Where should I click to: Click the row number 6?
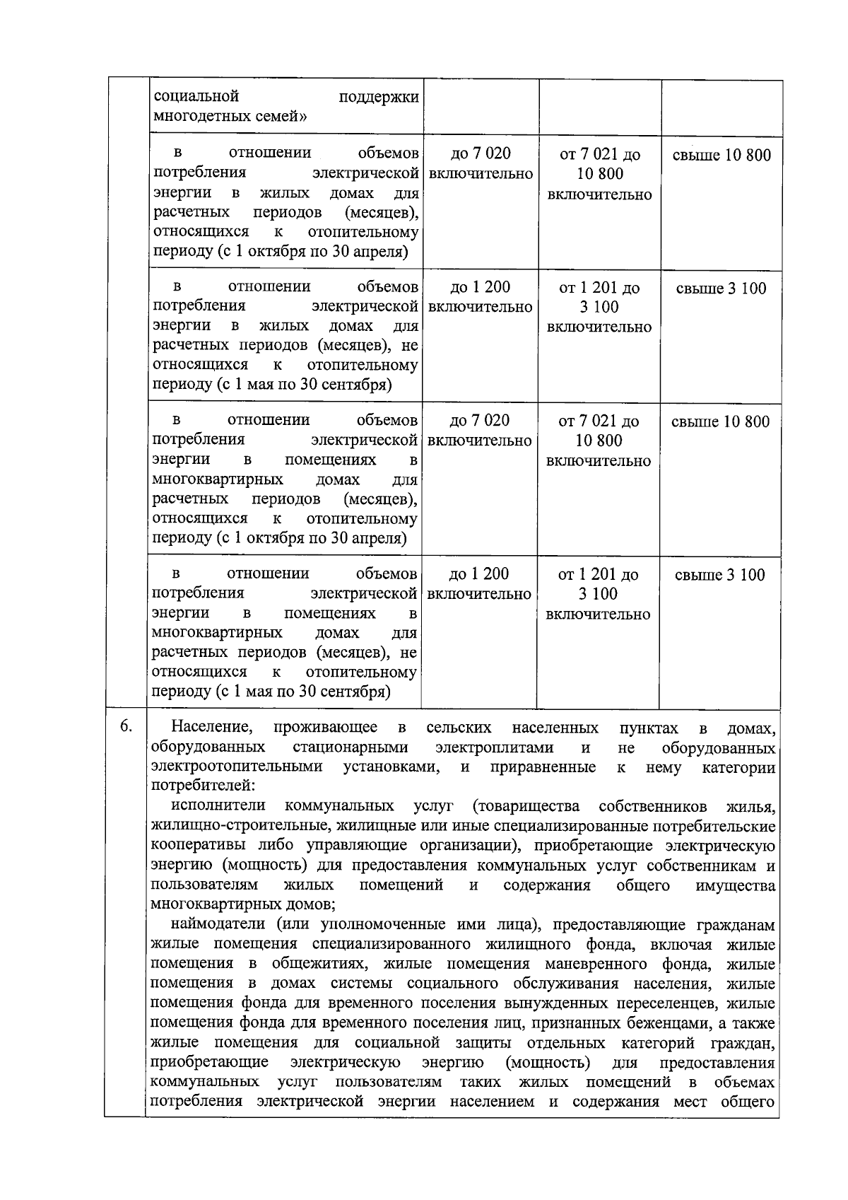click(x=125, y=727)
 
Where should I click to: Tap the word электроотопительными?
click(x=237, y=767)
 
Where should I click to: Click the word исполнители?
click(x=218, y=806)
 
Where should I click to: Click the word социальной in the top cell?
click(x=196, y=96)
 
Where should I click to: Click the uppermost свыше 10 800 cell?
click(x=721, y=155)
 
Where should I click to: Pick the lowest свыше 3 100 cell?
click(x=719, y=575)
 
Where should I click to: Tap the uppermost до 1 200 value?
click(x=480, y=287)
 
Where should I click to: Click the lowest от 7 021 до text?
click(x=599, y=421)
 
